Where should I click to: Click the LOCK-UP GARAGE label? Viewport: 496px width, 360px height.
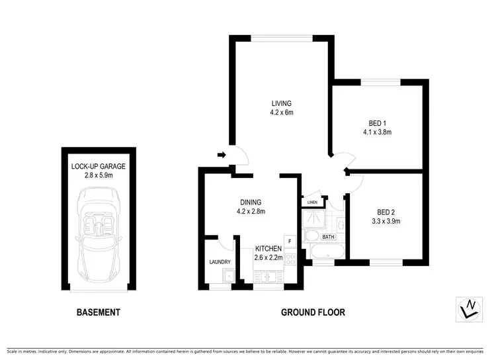[99, 166]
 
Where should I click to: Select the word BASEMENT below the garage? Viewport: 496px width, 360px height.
[99, 312]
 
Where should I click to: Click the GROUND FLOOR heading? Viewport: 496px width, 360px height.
[312, 312]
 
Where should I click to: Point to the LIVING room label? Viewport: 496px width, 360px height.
[281, 103]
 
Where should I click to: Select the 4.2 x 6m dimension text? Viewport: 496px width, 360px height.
[281, 112]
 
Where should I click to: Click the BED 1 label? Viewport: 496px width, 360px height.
[378, 122]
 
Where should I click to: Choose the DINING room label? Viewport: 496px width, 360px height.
[251, 202]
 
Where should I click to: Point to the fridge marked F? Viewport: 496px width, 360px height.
[289, 242]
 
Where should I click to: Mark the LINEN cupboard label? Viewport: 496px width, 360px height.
[312, 202]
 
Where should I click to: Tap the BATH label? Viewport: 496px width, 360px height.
[328, 236]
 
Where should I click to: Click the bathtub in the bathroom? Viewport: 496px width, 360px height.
[325, 252]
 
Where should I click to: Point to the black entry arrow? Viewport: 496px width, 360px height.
[222, 156]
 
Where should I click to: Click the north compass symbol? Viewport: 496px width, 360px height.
[469, 306]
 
